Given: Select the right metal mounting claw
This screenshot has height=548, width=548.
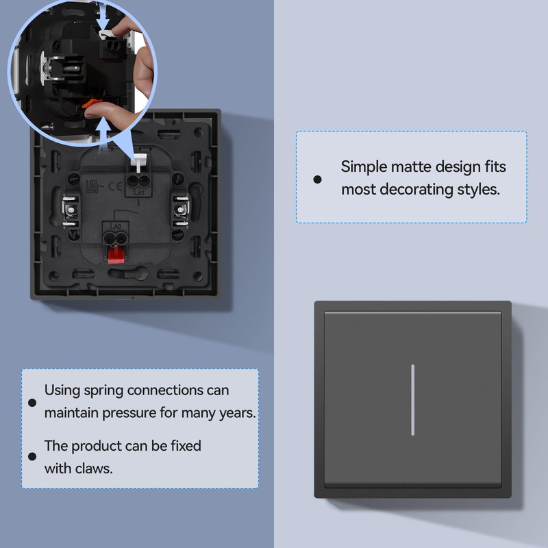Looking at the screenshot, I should (x=181, y=210).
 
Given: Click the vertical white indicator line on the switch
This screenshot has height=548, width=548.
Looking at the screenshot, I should (x=412, y=400).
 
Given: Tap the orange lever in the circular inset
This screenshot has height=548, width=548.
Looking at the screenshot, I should (x=91, y=105).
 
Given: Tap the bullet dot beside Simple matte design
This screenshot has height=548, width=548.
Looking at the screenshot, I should (x=317, y=179).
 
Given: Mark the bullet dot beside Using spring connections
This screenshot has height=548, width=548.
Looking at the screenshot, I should (x=32, y=403).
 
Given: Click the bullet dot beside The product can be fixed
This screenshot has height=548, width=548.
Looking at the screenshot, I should (x=32, y=457).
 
